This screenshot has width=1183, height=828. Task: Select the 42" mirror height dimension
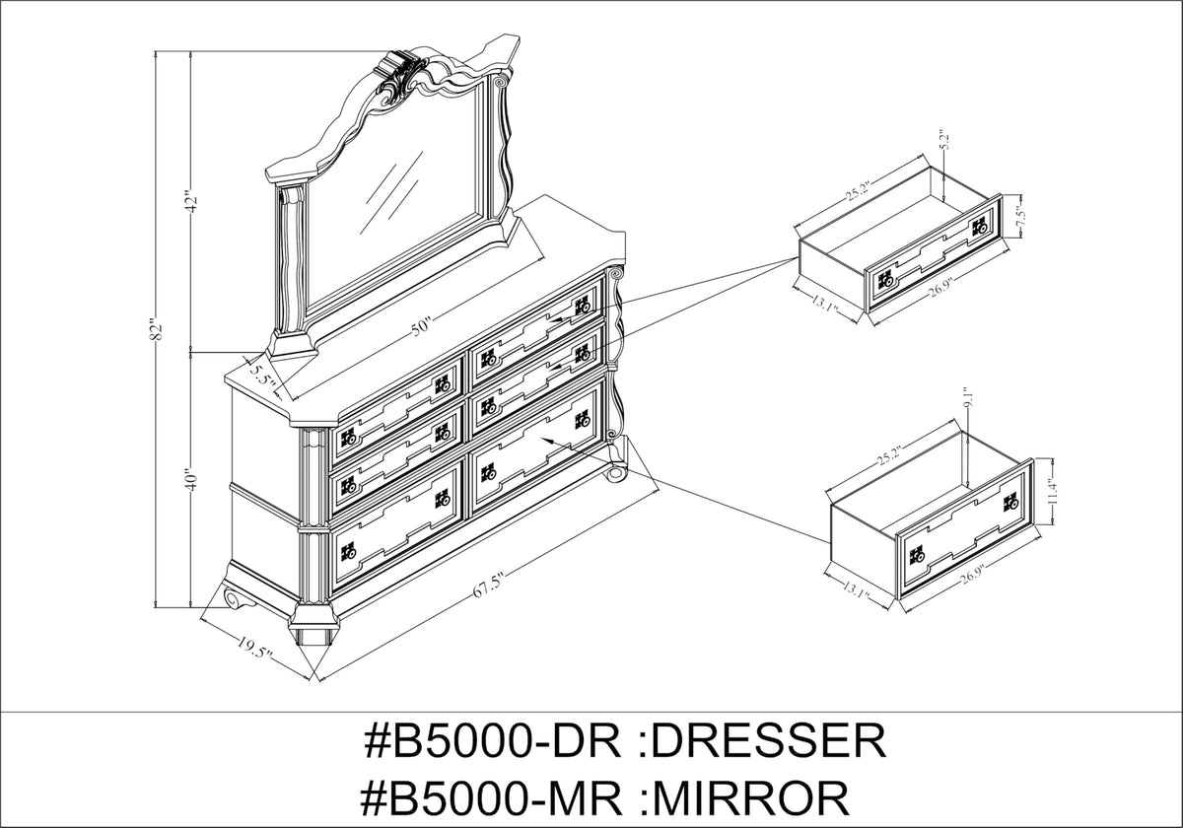pyautogui.click(x=192, y=201)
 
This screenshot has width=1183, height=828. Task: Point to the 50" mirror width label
pyautogui.click(x=422, y=326)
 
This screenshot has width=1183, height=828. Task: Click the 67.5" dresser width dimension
pyautogui.click(x=486, y=586)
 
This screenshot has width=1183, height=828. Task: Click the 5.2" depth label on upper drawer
pyautogui.click(x=945, y=140)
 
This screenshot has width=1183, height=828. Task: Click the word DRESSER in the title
pyautogui.click(x=768, y=741)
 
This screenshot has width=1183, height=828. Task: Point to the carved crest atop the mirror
pyautogui.click(x=400, y=77)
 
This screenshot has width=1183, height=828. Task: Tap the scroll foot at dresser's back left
pyautogui.click(x=235, y=597)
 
